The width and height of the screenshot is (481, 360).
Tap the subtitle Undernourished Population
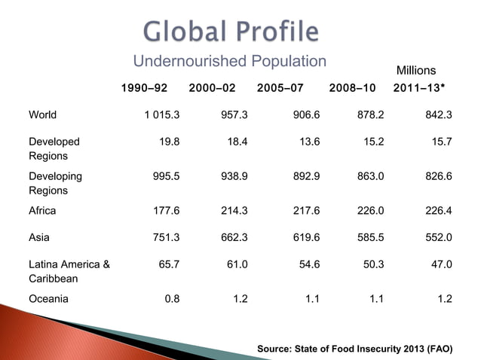coord(230,62)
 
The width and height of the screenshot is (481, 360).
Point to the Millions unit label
coord(416,70)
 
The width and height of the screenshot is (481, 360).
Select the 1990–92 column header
coord(146,88)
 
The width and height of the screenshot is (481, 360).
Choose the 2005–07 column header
coord(280,88)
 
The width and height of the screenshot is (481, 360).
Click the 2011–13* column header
coord(419,88)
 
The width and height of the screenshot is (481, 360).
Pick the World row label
coord(42,115)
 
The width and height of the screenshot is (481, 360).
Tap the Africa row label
coord(42,211)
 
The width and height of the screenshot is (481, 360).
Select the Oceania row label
coord(48,298)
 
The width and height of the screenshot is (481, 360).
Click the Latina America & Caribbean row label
coord(69,271)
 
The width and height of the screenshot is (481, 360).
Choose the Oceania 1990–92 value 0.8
coord(171,298)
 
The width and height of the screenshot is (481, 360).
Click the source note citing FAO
coord(354,349)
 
